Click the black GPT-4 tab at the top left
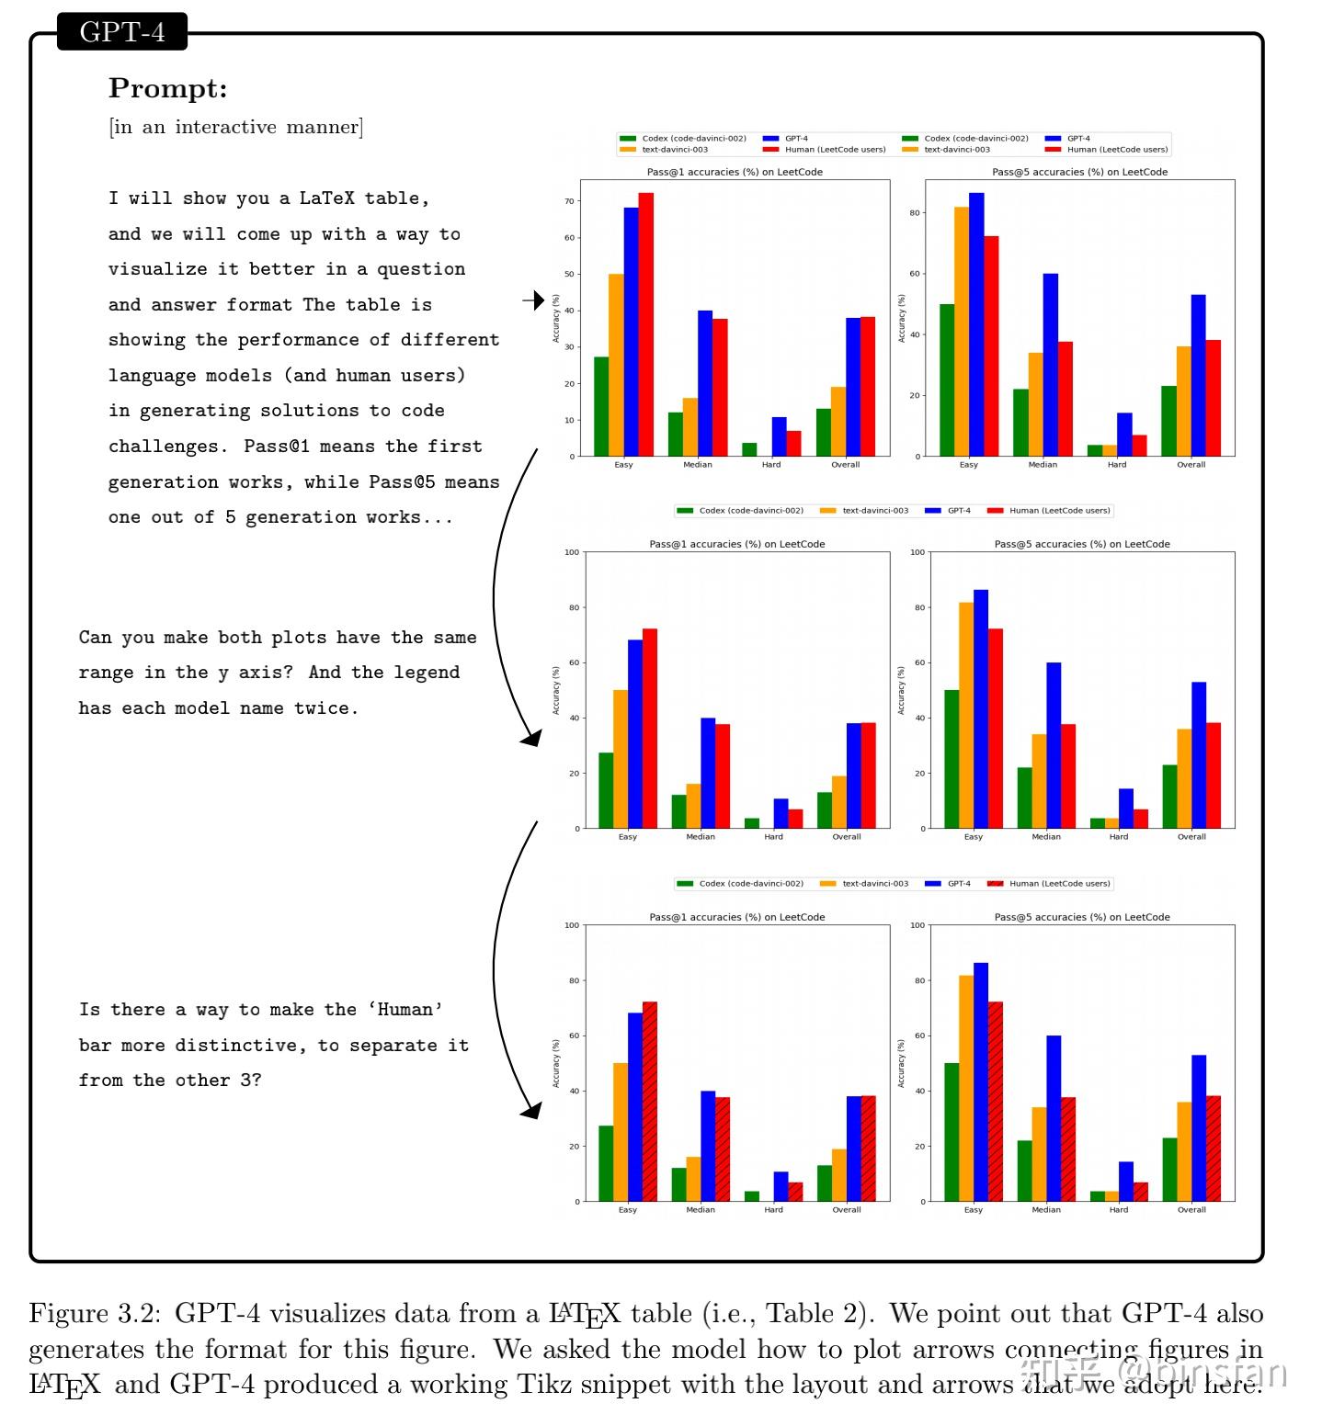pyautogui.click(x=122, y=31)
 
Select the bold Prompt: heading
pyautogui.click(x=167, y=88)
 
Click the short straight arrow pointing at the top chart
pyautogui.click(x=533, y=300)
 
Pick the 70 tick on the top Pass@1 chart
pyautogui.click(x=569, y=201)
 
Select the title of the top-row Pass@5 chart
pyautogui.click(x=1079, y=172)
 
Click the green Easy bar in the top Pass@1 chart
pyautogui.click(x=601, y=406)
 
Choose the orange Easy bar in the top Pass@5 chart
pyautogui.click(x=961, y=331)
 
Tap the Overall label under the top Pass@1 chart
pyautogui.click(x=845, y=465)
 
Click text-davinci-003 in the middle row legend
pyautogui.click(x=874, y=511)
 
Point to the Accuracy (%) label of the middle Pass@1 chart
pyautogui.click(x=555, y=691)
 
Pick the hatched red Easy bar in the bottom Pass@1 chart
pyautogui.click(x=650, y=1101)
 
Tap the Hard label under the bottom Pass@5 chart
pyautogui.click(x=1118, y=1210)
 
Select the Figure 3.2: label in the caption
pyautogui.click(x=96, y=1313)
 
